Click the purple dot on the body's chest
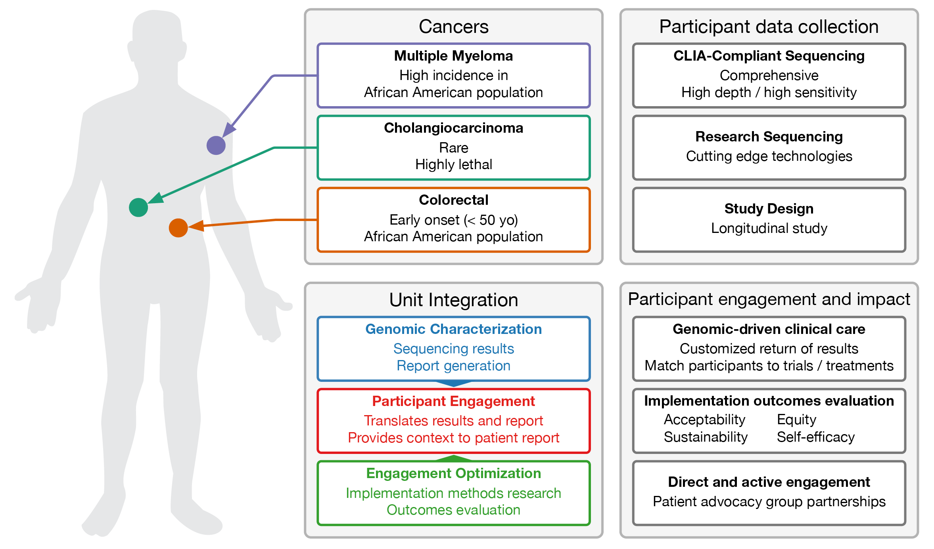216,145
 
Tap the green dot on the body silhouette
138,208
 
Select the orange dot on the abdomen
178,228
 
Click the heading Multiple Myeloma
453,56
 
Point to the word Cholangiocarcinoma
453,128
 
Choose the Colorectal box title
453,200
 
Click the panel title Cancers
453,27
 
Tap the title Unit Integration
453,300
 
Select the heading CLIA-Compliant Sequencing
769,56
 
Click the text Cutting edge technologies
769,156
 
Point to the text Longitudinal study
769,228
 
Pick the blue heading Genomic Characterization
453,329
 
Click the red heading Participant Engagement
453,401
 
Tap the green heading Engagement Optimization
453,473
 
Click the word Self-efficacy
815,437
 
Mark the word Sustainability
706,437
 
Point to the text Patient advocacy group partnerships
769,501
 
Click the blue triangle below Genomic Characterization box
453,383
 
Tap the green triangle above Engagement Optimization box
453,458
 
